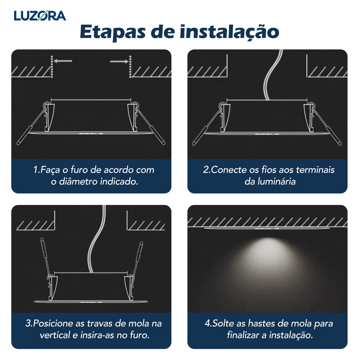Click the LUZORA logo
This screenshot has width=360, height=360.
click(40, 15)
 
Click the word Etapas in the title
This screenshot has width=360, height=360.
click(113, 32)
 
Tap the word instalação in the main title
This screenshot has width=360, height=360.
click(229, 32)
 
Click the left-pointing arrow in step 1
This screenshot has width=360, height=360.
click(63, 61)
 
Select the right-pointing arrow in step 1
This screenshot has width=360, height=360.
click(119, 61)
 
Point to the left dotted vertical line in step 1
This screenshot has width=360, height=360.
click(52, 66)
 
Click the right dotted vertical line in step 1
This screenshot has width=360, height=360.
click(130, 66)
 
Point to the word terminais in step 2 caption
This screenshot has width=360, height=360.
click(315, 170)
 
